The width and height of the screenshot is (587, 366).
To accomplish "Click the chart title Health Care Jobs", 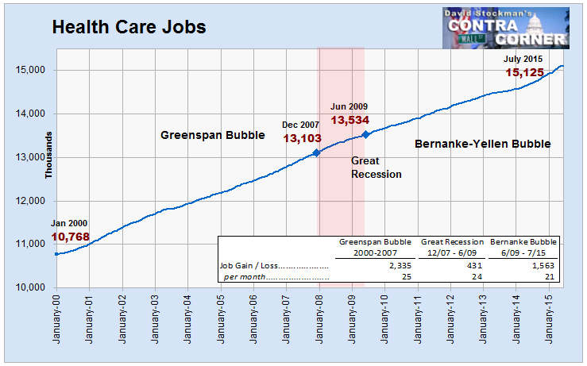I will [129, 27].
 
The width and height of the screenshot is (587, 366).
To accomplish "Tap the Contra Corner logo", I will [505, 29].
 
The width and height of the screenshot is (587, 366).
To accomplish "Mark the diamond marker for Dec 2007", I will [315, 152].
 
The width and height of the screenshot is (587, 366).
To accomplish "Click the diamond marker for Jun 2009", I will [365, 134].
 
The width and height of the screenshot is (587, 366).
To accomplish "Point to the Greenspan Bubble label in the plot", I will [213, 135].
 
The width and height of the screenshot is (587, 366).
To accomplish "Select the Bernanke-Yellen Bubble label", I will [483, 144].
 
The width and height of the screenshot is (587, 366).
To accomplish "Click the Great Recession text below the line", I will [377, 168].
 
